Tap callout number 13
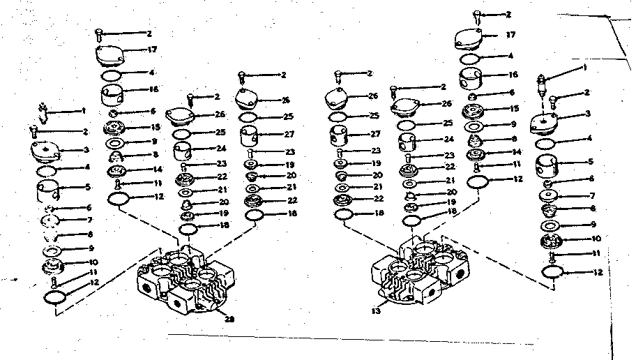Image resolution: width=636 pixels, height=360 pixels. (x=376, y=311)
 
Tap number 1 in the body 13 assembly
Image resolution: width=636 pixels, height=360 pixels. (x=584, y=68)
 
